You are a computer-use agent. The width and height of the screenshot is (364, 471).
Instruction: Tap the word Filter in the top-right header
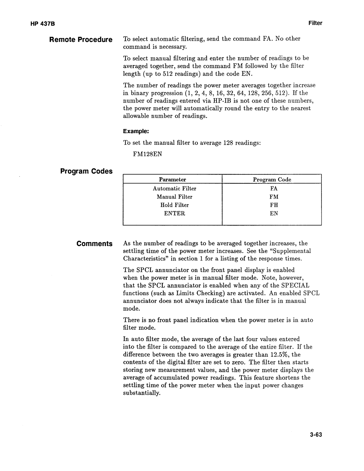(x=315, y=23)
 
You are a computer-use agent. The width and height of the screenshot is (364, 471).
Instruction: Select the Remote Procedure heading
(x=81, y=40)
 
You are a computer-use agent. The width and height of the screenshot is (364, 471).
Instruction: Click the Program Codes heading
(x=86, y=171)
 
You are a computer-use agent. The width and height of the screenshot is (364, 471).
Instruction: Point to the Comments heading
(x=94, y=244)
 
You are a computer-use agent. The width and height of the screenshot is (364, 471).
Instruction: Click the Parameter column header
(x=173, y=180)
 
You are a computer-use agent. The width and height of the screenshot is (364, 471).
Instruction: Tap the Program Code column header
(x=272, y=180)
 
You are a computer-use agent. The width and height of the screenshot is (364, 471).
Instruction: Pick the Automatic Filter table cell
(x=174, y=188)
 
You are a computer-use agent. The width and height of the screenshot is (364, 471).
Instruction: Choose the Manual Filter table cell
(x=174, y=197)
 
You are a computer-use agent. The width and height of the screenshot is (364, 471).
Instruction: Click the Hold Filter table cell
(x=174, y=205)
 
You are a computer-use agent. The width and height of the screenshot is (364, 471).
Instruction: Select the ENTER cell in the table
(x=174, y=213)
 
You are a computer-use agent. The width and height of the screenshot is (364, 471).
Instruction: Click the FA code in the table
(x=273, y=188)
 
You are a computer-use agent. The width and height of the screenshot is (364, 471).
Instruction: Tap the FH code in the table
(x=274, y=205)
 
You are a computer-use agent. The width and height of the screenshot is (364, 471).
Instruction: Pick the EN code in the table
(x=274, y=213)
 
